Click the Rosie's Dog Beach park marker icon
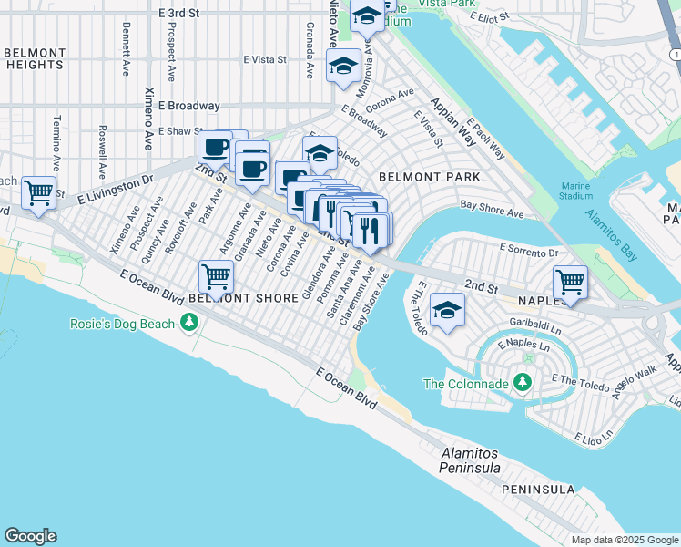[189, 323]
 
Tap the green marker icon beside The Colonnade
[523, 383]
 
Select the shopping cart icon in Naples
[570, 282]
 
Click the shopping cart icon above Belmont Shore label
[216, 274]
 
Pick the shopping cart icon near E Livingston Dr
[39, 192]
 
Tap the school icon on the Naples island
[447, 310]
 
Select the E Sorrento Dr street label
[528, 249]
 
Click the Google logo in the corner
[30, 536]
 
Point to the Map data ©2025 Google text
[625, 540]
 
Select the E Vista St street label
[265, 59]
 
